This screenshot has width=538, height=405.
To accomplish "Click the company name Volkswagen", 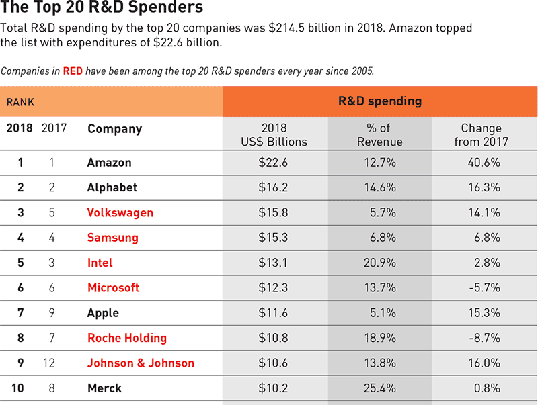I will point(120,213).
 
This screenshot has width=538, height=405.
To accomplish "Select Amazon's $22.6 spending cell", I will point(273,163).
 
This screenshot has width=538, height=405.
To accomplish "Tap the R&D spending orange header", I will point(379,101).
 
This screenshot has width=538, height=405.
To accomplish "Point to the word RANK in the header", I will point(20,102).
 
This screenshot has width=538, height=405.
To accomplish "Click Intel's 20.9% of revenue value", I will point(380,263).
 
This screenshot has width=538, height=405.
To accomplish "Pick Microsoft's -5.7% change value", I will point(484,287).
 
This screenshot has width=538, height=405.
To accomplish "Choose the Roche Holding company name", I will point(127,338).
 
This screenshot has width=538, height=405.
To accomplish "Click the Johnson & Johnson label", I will point(141,363).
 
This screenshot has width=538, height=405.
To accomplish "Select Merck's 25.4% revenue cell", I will point(380,388).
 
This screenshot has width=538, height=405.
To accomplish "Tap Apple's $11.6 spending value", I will point(273,313).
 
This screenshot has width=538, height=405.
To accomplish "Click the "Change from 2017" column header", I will point(482,135).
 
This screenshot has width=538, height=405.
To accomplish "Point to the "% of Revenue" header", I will point(380,135).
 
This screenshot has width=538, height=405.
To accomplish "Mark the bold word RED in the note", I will point(73,71).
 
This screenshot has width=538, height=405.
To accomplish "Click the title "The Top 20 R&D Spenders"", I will point(102,9).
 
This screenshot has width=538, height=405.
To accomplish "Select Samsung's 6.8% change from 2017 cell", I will point(487,238).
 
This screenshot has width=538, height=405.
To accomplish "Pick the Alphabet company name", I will point(112,187).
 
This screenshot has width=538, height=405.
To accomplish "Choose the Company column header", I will point(114,129).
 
